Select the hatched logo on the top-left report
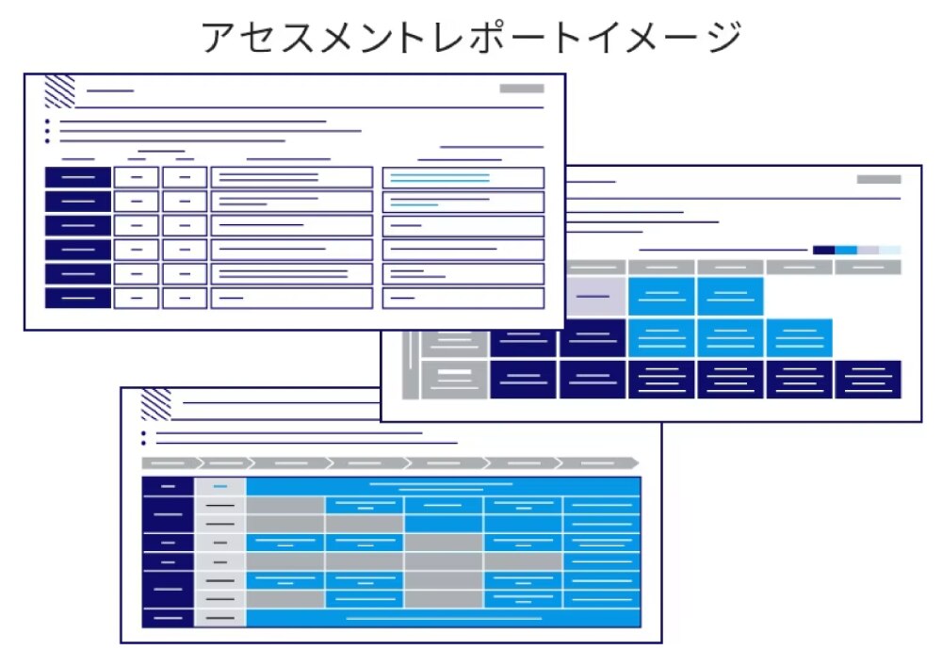click(x=60, y=91)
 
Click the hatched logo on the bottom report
click(x=155, y=404)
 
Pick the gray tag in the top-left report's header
click(x=521, y=89)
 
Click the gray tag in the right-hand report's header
click(x=878, y=179)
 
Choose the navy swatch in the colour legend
click(x=823, y=250)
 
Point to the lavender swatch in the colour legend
click(x=868, y=250)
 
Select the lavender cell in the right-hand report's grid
click(x=593, y=296)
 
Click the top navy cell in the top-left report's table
click(x=78, y=177)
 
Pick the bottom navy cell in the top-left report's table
click(x=78, y=298)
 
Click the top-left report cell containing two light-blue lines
click(x=463, y=177)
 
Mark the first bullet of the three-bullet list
click(x=47, y=122)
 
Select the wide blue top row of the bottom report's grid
click(x=443, y=486)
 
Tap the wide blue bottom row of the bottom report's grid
click(x=443, y=618)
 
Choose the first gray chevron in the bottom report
click(x=169, y=463)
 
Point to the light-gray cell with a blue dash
click(x=220, y=486)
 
